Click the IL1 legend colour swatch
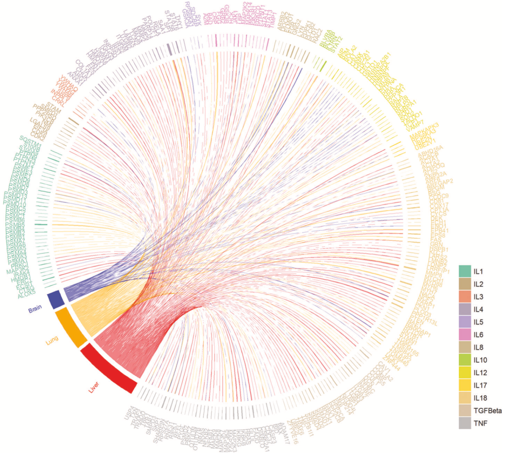pyautogui.click(x=464, y=271)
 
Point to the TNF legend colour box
pyautogui.click(x=464, y=423)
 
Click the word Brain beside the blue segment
pyautogui.click(x=36, y=310)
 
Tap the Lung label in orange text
pyautogui.click(x=52, y=342)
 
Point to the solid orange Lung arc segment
pyautogui.click(x=71, y=327)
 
